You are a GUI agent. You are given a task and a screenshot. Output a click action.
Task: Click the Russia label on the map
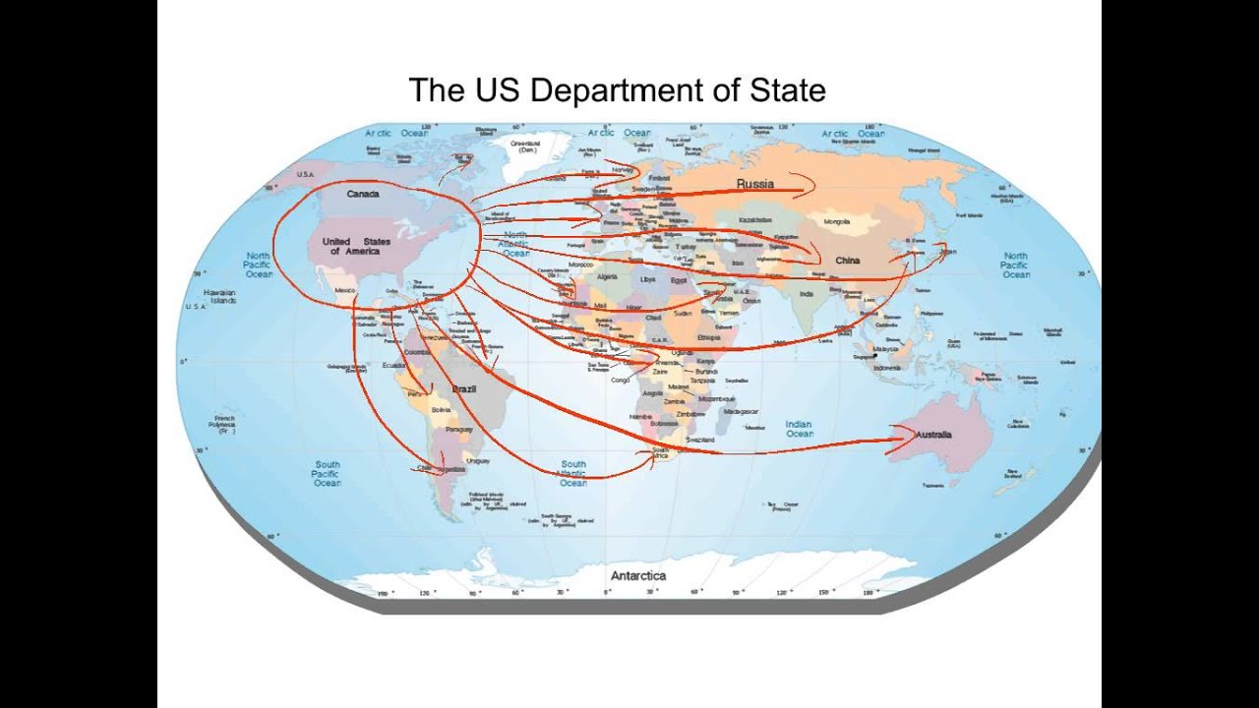point(755,184)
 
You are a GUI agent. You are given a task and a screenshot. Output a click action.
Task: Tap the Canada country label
point(363,194)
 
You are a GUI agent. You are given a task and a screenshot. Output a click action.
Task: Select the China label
point(847,261)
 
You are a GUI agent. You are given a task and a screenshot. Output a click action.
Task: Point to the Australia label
point(933,434)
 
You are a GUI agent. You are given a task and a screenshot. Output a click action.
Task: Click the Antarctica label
point(638,575)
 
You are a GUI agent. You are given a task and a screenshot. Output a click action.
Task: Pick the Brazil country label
point(463,389)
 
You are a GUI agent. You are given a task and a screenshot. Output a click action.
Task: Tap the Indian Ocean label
point(799,429)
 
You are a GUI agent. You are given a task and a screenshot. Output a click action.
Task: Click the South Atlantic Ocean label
point(573,473)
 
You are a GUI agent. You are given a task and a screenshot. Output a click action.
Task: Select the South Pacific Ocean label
point(327,473)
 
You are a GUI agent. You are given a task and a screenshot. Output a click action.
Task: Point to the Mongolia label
point(836,222)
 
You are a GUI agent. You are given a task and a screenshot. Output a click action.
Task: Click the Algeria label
point(607,277)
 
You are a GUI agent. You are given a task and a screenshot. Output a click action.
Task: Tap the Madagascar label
point(743,411)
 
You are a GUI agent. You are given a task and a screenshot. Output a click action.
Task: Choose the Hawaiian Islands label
point(220,296)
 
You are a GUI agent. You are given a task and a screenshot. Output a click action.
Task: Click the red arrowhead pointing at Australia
point(900,442)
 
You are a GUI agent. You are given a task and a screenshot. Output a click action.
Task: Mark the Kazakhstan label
point(755,220)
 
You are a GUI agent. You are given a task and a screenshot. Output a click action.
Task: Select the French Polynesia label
point(224,425)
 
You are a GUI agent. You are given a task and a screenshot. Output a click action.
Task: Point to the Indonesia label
point(886,368)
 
